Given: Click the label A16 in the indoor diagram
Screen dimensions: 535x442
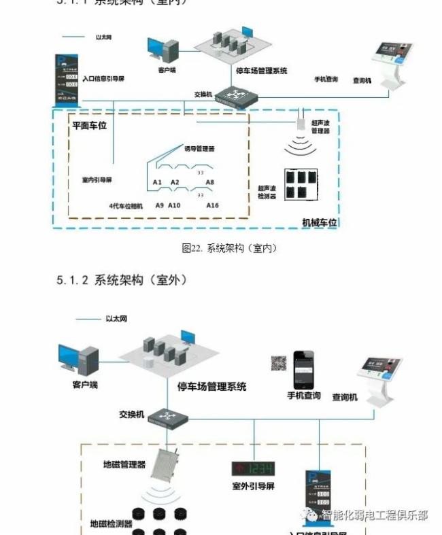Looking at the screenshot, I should tap(212, 205).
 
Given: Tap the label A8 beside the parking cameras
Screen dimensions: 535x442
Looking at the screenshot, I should tap(210, 182).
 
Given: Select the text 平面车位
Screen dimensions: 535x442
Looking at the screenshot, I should tap(89, 125).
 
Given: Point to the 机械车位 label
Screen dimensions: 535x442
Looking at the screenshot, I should tap(319, 222).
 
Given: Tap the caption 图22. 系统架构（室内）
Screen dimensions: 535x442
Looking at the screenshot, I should tap(229, 248).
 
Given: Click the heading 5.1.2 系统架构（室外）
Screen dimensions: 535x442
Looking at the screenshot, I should tap(122, 279).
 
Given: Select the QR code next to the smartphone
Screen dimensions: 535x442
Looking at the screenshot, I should tap(278, 363).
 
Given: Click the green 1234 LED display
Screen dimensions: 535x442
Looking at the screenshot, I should tap(253, 468).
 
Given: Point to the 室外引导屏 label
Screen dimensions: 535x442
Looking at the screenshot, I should tap(252, 487).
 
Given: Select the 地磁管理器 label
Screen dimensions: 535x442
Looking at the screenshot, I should tap(124, 464).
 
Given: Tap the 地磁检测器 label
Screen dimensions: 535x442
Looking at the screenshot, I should tap(111, 524).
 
